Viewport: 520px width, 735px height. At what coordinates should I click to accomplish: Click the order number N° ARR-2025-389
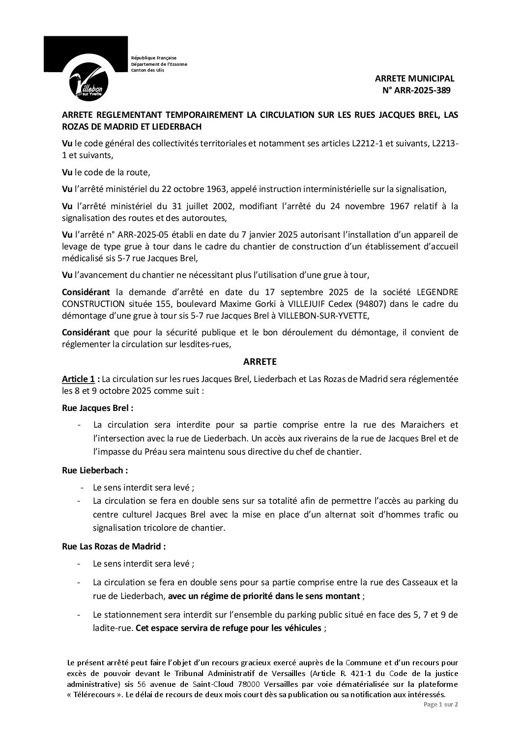click(416, 90)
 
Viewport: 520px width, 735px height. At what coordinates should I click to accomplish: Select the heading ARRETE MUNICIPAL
click(415, 79)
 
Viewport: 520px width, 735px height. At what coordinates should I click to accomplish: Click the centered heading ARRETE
click(260, 362)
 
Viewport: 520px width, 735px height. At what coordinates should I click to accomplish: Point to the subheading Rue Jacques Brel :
click(98, 408)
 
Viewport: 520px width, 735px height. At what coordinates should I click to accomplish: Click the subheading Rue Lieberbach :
click(95, 470)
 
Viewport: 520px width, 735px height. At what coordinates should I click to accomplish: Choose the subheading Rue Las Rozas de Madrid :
click(114, 545)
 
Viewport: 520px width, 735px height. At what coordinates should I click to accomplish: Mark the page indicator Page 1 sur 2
click(441, 717)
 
